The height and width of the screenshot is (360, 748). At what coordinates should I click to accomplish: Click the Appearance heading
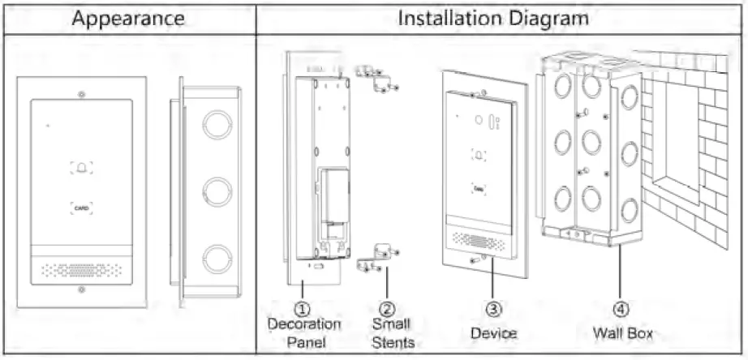click(x=129, y=19)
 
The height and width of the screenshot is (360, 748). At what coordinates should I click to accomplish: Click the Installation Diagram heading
click(x=492, y=19)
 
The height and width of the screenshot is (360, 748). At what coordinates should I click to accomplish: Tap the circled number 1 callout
click(x=302, y=309)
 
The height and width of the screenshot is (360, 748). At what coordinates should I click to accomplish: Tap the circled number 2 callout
click(x=387, y=309)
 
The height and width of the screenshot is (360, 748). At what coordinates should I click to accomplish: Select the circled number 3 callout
click(x=493, y=309)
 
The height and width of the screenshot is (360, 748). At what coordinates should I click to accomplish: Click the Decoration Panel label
click(x=304, y=333)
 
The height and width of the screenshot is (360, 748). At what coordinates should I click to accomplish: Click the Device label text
click(x=493, y=333)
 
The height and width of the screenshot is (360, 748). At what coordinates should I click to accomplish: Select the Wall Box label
click(x=622, y=332)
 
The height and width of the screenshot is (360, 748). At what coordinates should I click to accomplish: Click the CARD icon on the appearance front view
click(x=81, y=208)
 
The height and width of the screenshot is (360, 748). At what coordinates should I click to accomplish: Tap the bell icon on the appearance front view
click(x=81, y=168)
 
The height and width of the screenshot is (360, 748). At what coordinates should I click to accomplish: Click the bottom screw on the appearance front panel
click(x=80, y=288)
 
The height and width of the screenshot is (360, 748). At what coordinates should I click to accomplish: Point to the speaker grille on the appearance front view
click(x=80, y=267)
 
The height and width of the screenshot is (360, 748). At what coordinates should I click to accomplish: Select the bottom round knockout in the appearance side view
click(x=217, y=258)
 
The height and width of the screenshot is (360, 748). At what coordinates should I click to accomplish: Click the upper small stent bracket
click(x=376, y=79)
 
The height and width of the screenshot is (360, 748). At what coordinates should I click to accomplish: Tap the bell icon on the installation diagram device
click(x=480, y=156)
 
